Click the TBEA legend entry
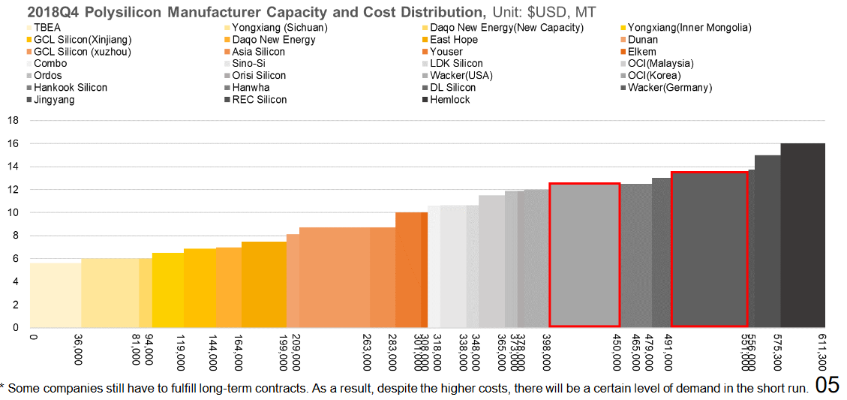pos(47,28)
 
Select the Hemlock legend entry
pos(449,100)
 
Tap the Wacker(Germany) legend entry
pos(669,88)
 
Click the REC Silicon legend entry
pos(259,100)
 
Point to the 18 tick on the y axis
pos(13,120)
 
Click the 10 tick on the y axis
pos(13,212)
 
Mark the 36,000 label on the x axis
pos(78,350)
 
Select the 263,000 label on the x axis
pos(367,351)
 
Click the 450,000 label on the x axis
pos(617,351)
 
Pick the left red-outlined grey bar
pos(584,255)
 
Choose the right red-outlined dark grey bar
pos(709,250)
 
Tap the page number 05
pos(827,386)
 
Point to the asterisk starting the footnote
pos(3,387)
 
